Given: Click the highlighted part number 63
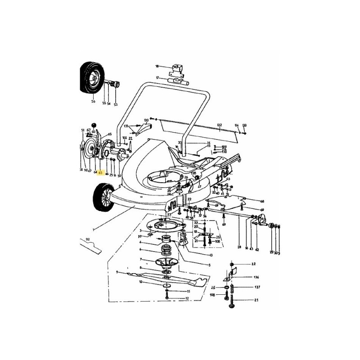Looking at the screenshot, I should click(100, 172).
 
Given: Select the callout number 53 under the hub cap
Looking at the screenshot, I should click(115, 104).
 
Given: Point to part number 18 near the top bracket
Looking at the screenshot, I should click(157, 66).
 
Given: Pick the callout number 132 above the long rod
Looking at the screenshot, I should click(219, 125).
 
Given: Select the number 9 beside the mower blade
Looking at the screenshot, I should click(117, 272).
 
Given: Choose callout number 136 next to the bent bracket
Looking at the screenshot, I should click(256, 278).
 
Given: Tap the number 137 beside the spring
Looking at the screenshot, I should click(256, 287).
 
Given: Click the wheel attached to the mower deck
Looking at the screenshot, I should click(103, 198).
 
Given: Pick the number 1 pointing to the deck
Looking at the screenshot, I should click(93, 229).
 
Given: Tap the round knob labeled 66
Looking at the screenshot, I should click(94, 125).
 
